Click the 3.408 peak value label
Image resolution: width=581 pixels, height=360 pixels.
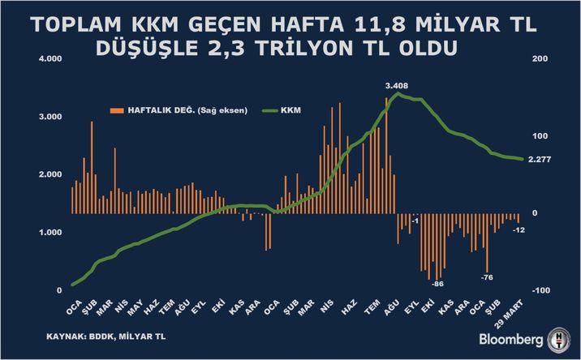coord(397,84)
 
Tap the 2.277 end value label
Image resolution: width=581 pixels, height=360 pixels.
coord(540,160)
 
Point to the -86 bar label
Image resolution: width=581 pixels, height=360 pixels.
coord(437,284)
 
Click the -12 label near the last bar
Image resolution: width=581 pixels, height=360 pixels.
coord(519,229)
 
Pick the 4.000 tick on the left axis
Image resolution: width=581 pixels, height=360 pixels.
coord(50,59)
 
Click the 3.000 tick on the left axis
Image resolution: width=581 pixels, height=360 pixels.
coord(50,117)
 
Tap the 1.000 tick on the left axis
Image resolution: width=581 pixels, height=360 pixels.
coord(50,233)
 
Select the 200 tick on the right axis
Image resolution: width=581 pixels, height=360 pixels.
coord(539,59)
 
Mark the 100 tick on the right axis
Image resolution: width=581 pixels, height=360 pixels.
coord(539,136)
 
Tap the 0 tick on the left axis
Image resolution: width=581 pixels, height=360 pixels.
coord(59,290)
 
